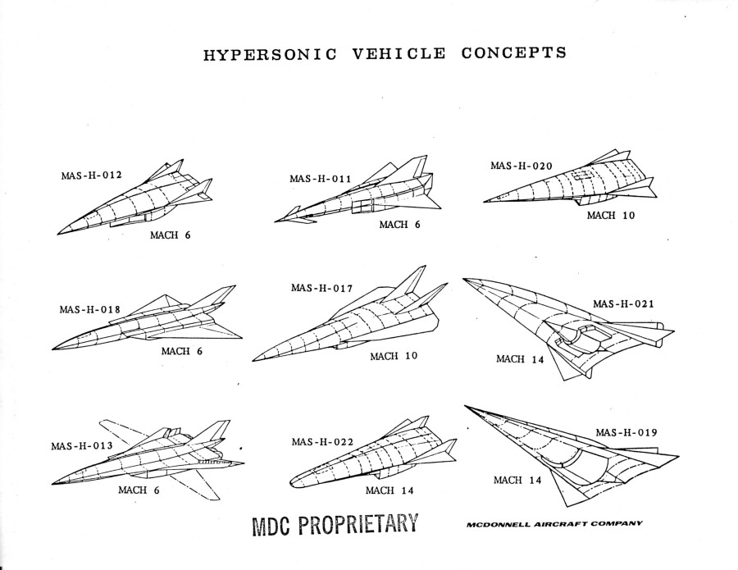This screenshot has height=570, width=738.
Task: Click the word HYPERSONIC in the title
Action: [270, 55]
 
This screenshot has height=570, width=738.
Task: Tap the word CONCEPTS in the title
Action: [514, 52]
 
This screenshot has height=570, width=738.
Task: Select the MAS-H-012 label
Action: [91, 176]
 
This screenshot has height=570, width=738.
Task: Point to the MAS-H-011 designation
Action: [320, 179]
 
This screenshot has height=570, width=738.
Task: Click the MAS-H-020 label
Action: [522, 166]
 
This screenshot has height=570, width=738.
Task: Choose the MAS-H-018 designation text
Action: [90, 310]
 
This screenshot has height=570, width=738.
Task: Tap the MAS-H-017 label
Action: [321, 288]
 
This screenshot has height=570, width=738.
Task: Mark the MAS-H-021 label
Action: [624, 303]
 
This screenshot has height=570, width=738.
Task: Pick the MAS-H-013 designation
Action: [82, 445]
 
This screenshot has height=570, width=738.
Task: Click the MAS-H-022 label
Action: [322, 442]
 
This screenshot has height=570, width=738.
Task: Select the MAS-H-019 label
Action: [626, 432]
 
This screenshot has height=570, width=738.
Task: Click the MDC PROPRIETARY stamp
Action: [335, 524]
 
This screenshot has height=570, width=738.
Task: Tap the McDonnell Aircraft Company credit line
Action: [554, 524]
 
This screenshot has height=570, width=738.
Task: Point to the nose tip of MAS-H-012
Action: [58, 234]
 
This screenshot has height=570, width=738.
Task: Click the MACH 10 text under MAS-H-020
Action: [611, 215]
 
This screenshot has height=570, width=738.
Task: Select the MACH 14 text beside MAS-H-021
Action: [520, 359]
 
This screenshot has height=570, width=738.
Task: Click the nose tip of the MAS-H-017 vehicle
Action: [253, 361]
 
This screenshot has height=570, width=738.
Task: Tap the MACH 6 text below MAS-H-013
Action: [139, 490]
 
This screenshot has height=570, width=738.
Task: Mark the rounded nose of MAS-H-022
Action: [291, 482]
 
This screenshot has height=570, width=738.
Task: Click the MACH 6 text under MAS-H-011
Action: [399, 225]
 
